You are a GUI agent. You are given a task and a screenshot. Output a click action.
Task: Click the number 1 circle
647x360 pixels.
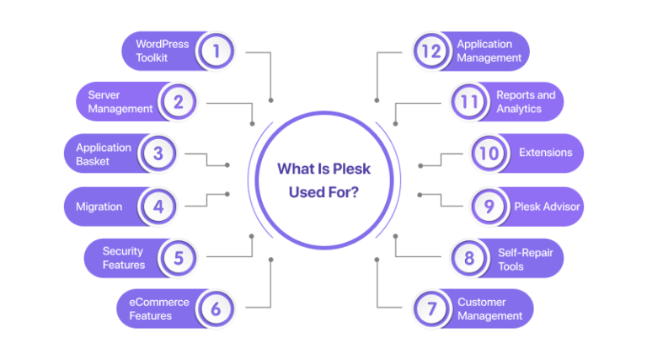tap(217, 51)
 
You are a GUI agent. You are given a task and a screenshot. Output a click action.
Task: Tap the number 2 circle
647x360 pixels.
tap(179, 103)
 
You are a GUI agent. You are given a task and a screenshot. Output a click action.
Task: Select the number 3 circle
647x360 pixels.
tap(157, 154)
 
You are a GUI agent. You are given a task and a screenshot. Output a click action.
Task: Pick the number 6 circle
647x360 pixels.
tap(216, 309)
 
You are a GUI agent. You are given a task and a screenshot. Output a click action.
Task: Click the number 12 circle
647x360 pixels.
tap(431, 51)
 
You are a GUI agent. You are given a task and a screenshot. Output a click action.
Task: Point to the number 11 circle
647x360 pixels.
tap(469, 103)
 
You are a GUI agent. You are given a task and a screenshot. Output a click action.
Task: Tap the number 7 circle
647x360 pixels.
tap(431, 309)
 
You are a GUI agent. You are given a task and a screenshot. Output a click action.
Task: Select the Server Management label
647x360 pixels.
tap(120, 102)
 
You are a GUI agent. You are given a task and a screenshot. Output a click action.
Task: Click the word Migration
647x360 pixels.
tap(99, 206)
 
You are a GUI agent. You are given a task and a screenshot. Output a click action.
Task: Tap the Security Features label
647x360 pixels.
tap(124, 257)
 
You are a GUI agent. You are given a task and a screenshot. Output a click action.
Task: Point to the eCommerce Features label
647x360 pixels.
tap(158, 309)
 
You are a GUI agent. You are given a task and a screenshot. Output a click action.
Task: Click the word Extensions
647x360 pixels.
tap(545, 153)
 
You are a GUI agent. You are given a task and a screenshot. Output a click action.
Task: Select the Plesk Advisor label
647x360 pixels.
tap(547, 206)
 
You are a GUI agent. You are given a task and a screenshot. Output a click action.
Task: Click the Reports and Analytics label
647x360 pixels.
tap(526, 102)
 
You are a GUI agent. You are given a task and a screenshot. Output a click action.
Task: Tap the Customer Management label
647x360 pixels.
tap(489, 309)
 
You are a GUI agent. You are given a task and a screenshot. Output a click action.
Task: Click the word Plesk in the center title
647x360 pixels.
tap(349, 169)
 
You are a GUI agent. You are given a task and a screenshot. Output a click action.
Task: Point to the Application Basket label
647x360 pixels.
tap(104, 154)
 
